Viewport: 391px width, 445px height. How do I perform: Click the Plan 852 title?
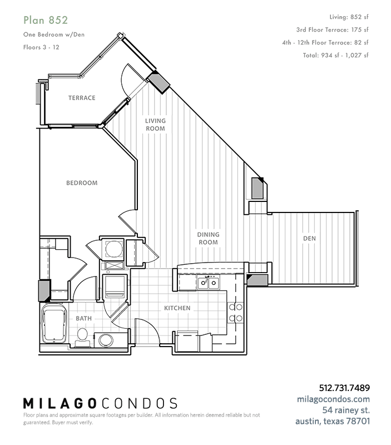[x=46, y=20]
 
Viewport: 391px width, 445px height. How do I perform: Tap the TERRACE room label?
[x=82, y=98]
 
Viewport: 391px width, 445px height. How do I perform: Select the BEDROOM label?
[x=82, y=183]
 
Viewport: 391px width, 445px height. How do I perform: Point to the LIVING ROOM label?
[x=155, y=125]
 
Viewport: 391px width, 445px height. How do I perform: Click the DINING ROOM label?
[x=208, y=239]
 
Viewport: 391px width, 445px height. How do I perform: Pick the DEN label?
[x=309, y=239]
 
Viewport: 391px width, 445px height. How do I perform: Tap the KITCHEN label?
[x=177, y=308]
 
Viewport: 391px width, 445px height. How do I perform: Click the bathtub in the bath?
[x=54, y=324]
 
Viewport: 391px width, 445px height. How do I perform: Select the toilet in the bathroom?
[x=82, y=338]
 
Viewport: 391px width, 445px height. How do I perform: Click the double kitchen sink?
[x=208, y=283]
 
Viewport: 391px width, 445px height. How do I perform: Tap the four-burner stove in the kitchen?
[x=235, y=313]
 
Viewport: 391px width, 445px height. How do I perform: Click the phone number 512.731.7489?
[x=344, y=388]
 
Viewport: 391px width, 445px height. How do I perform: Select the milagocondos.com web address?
[x=333, y=399]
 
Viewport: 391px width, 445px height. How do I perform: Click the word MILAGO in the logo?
[x=60, y=403]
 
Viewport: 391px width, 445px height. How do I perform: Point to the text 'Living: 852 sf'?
[x=349, y=17]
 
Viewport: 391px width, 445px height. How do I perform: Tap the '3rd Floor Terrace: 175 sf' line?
[x=332, y=30]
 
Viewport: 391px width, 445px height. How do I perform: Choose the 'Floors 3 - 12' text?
[x=41, y=47]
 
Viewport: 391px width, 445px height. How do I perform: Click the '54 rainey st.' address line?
[x=346, y=410]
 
